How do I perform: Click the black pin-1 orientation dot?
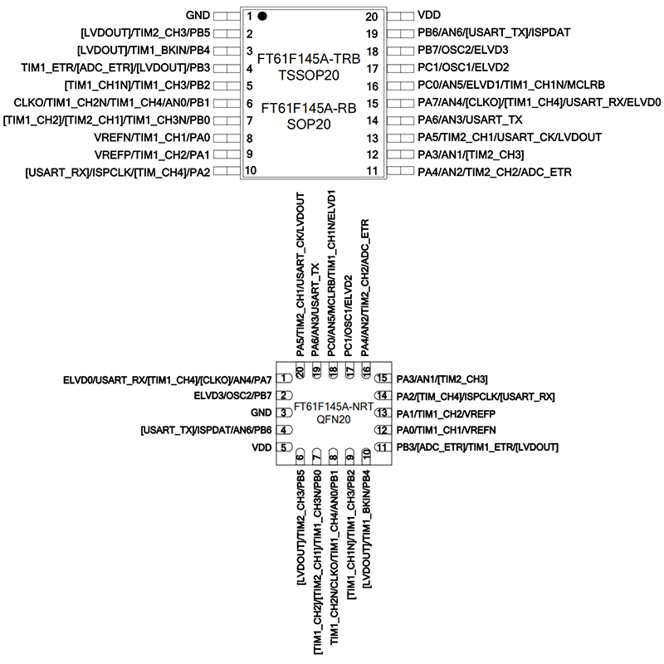[x=262, y=16]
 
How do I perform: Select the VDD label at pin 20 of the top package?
[x=429, y=16]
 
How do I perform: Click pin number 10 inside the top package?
[x=251, y=171]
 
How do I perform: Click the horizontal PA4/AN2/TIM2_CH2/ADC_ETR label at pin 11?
[x=494, y=172]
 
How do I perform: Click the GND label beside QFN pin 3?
[x=261, y=413]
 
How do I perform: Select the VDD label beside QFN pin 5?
[x=262, y=447]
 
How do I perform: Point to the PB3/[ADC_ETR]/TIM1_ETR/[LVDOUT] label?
[x=477, y=448]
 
